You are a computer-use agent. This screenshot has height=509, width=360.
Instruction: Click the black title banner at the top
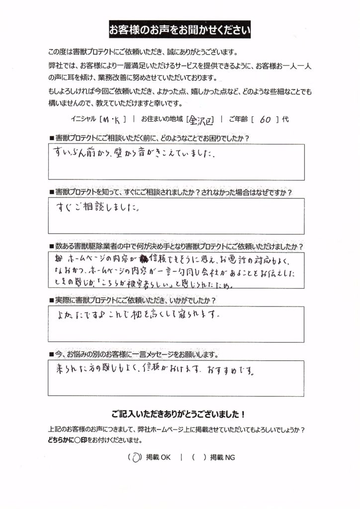click(180, 30)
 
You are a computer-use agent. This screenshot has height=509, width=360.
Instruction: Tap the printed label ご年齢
click(232, 120)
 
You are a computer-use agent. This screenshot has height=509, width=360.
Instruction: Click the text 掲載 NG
click(222, 457)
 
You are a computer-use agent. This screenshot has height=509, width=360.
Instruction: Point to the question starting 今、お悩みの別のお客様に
click(135, 354)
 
